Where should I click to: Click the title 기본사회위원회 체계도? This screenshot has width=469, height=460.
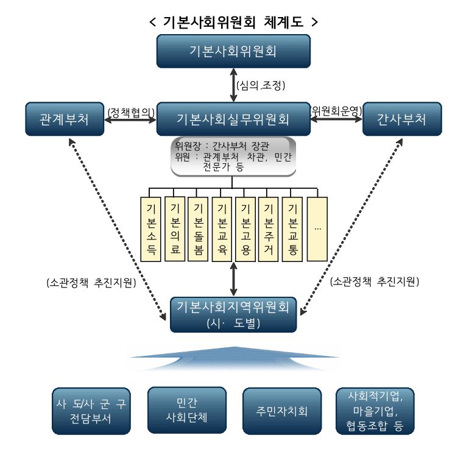tap(234, 22)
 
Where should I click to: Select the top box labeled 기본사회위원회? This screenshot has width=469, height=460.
tap(234, 51)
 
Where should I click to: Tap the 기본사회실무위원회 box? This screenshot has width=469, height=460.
tap(234, 119)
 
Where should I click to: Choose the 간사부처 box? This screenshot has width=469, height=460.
tap(402, 119)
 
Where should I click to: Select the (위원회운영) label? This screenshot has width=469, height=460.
tap(336, 111)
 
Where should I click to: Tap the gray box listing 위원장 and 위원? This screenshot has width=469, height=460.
tap(234, 156)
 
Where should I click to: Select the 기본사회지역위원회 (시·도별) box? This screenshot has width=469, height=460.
tap(234, 314)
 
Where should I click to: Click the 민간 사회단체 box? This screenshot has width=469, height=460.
tap(186, 410)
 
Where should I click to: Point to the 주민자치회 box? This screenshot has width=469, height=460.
tap(281, 410)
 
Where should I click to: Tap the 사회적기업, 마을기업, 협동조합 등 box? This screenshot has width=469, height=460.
tap(375, 410)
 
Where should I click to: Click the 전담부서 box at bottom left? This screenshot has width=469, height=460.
tap(91, 410)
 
